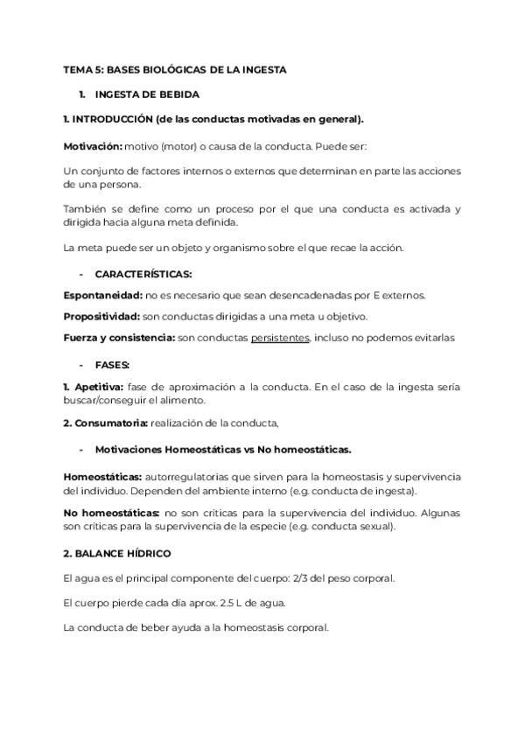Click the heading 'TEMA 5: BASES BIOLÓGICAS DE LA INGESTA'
pyautogui.click(x=175, y=69)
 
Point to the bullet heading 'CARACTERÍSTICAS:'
pyautogui.click(x=143, y=274)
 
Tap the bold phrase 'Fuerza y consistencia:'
pyautogui.click(x=119, y=337)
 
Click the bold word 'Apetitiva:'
pyautogui.click(x=100, y=386)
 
